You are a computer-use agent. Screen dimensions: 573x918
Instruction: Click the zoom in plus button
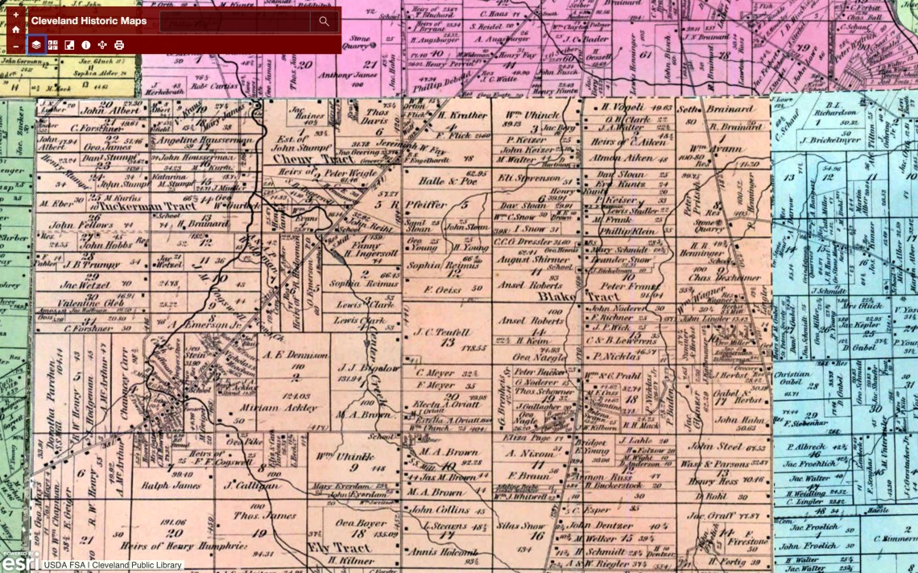pyautogui.click(x=15, y=14)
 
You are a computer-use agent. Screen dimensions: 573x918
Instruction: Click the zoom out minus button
pyautogui.click(x=15, y=46)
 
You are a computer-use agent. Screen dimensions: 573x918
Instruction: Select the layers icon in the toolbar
pyautogui.click(x=36, y=45)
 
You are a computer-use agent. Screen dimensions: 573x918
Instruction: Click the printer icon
pyautogui.click(x=119, y=45)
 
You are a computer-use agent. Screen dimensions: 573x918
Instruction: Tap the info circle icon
pyautogui.click(x=86, y=45)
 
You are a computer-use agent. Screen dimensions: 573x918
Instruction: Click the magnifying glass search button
pyautogui.click(x=324, y=22)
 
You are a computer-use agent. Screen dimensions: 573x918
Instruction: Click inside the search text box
pyautogui.click(x=234, y=22)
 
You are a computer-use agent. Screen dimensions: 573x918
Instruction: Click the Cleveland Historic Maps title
pyautogui.click(x=89, y=21)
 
